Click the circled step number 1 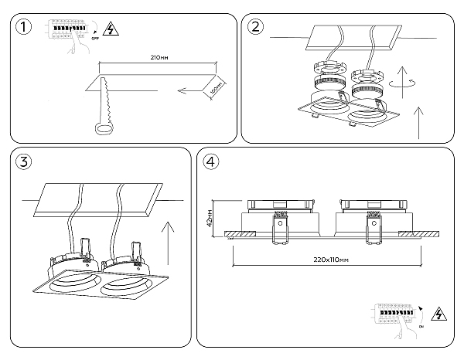25,29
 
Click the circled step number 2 256,29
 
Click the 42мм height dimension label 210,218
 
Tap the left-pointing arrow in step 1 192,92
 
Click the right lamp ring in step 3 124,288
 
